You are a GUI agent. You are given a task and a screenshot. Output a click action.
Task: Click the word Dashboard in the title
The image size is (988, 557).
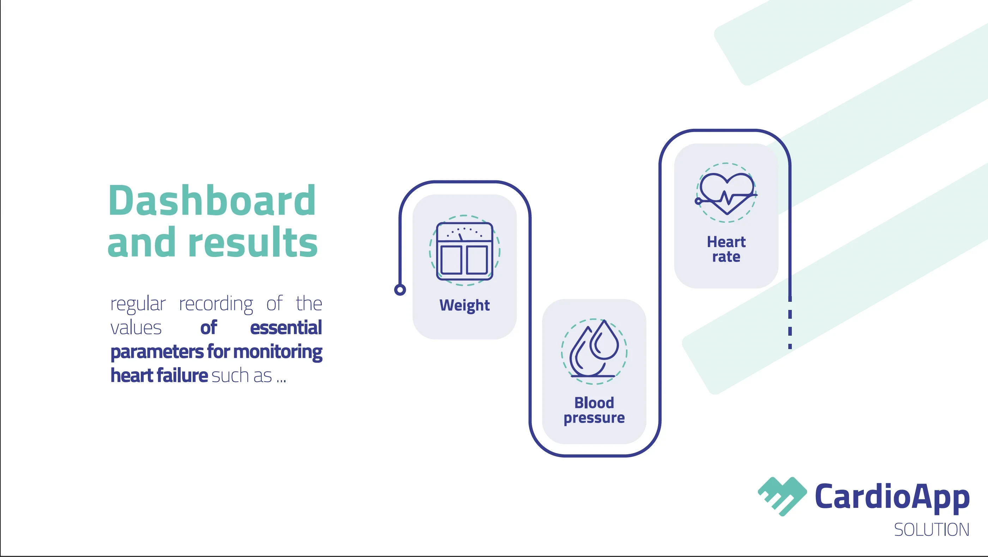pyautogui.click(x=212, y=200)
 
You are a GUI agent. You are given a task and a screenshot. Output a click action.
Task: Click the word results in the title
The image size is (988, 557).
pyautogui.click(x=253, y=242)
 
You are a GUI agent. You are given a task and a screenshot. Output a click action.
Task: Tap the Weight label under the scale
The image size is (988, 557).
pyautogui.click(x=464, y=306)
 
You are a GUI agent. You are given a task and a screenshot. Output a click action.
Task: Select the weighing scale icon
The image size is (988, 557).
pyautogui.click(x=464, y=251)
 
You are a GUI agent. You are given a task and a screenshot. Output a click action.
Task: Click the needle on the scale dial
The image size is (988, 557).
pyautogui.click(x=460, y=237)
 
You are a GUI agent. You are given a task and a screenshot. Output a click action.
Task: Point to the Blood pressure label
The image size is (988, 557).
pyautogui.click(x=594, y=411)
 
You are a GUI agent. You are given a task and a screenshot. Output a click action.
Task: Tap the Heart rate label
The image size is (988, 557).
pyautogui.click(x=726, y=249)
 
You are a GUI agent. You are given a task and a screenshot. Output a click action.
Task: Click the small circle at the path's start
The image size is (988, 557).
pyautogui.click(x=400, y=290)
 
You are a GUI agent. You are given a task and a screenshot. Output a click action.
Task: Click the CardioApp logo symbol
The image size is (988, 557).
pyautogui.click(x=782, y=496)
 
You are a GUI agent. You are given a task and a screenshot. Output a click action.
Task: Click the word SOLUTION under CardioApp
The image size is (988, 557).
pyautogui.click(x=932, y=530)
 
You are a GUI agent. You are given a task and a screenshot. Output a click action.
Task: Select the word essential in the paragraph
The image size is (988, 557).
pyautogui.click(x=286, y=328)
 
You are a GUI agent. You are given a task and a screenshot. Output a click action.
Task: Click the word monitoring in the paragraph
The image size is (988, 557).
pyautogui.click(x=278, y=352)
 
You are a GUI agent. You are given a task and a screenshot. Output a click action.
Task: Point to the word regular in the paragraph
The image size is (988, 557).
pyautogui.click(x=138, y=304)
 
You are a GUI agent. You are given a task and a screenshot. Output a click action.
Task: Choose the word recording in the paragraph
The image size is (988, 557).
pyautogui.click(x=216, y=304)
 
